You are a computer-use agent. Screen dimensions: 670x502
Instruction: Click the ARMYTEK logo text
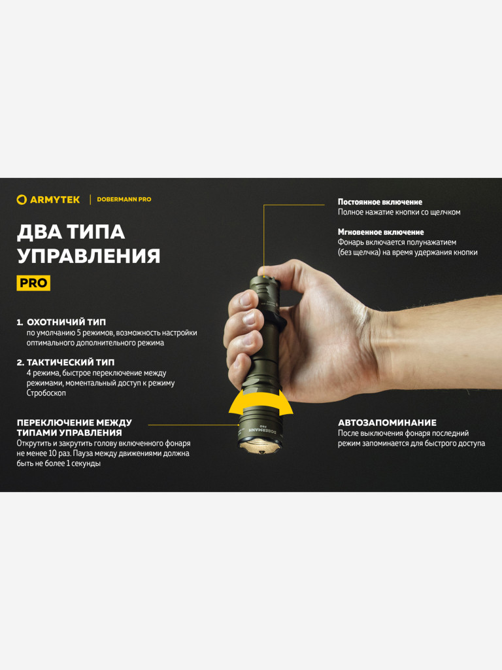(x=55, y=200)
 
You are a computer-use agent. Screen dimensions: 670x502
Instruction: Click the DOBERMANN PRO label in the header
(x=124, y=200)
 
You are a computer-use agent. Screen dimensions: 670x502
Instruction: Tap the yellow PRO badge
(x=33, y=283)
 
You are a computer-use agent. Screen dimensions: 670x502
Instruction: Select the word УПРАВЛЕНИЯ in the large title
(x=88, y=256)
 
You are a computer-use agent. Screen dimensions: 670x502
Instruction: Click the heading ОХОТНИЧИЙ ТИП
(x=66, y=323)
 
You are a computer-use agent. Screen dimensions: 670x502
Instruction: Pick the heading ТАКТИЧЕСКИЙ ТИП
(x=71, y=362)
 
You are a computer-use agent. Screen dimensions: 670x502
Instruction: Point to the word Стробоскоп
(x=46, y=393)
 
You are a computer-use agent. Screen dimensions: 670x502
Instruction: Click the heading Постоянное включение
(x=380, y=202)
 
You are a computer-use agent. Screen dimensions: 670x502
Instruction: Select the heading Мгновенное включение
(x=380, y=232)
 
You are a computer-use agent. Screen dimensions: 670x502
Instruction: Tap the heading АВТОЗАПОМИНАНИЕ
(x=387, y=423)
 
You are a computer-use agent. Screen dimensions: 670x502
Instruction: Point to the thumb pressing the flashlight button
(x=273, y=270)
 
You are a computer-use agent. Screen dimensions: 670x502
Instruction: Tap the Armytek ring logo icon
(x=22, y=200)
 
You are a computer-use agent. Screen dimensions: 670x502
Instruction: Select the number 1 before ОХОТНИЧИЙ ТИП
(x=19, y=323)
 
